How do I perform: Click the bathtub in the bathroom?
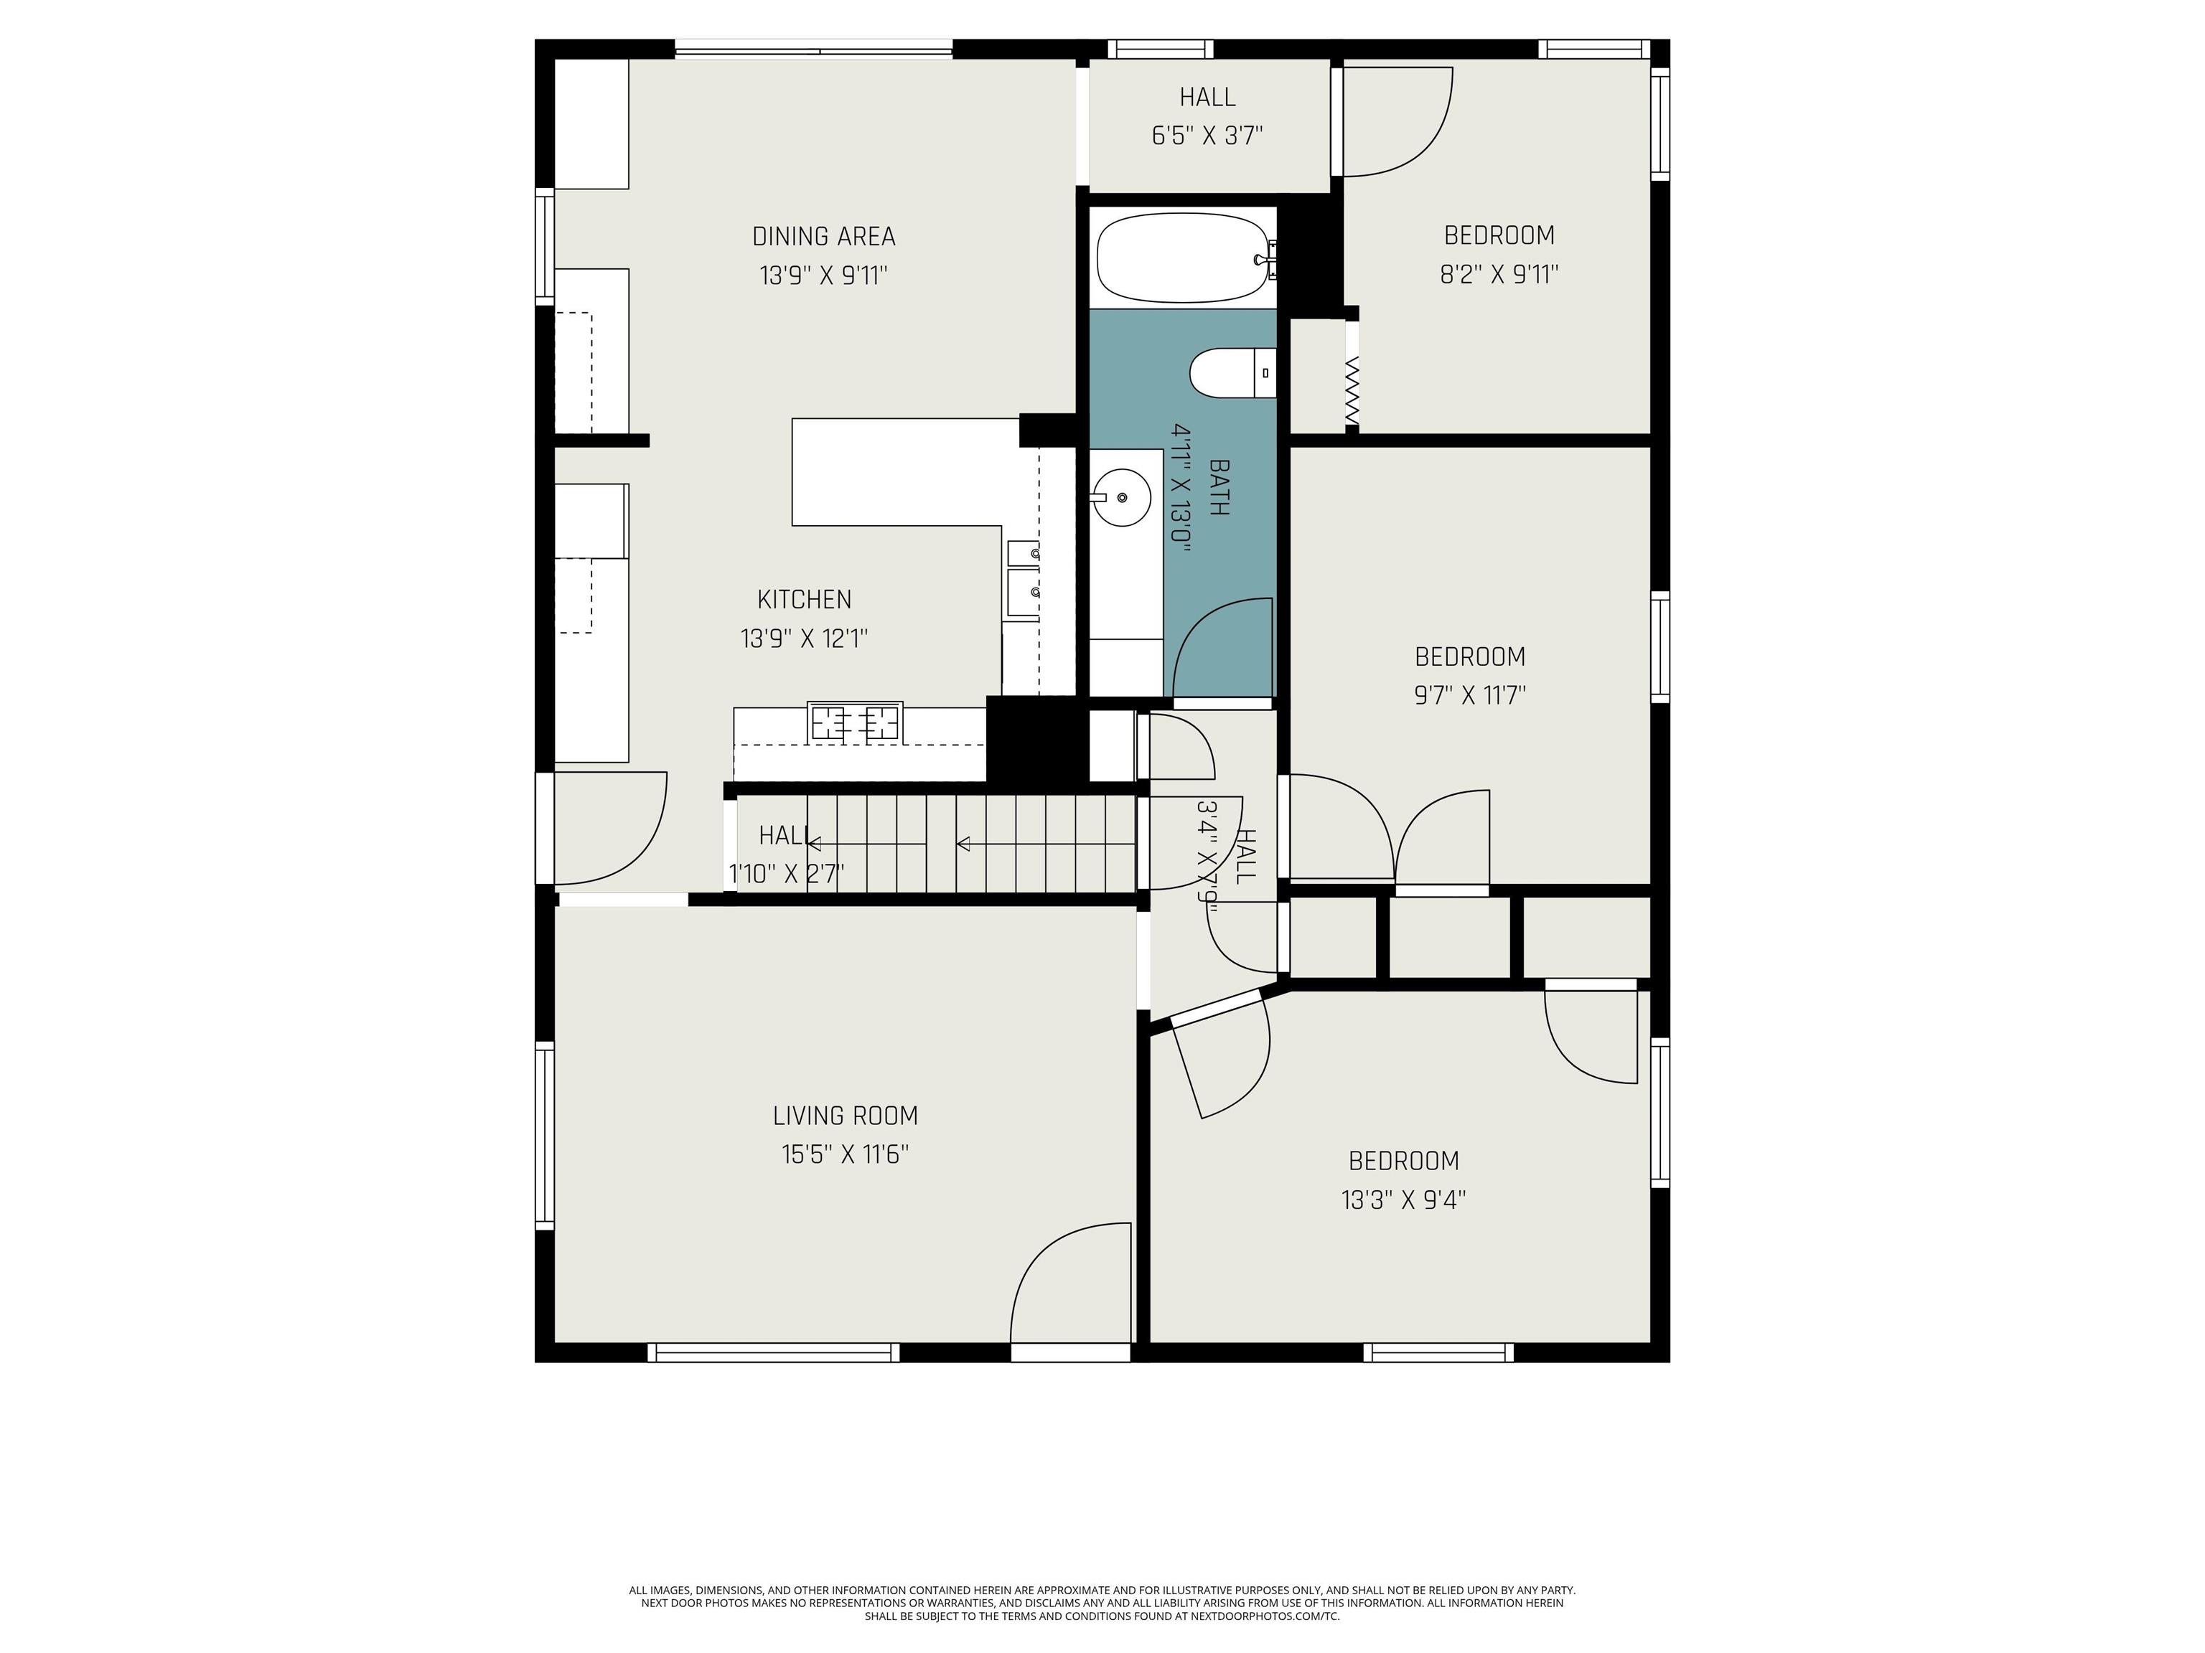(x=1184, y=258)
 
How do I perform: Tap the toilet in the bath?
(x=1233, y=374)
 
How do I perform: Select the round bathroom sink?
(x=1121, y=497)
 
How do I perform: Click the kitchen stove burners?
(x=856, y=721)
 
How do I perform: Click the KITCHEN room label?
(x=805, y=600)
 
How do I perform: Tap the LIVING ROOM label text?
(x=846, y=1116)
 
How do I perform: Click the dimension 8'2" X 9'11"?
(x=1499, y=274)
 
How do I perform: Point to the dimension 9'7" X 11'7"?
(x=1470, y=695)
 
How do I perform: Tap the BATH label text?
(x=1218, y=487)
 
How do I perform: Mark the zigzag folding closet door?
(x=1353, y=390)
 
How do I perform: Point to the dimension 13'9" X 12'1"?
(x=805, y=639)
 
